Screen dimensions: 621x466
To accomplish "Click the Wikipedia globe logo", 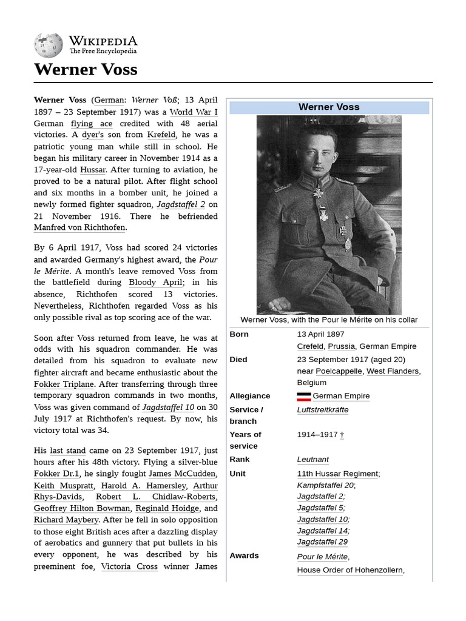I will click(x=48, y=44).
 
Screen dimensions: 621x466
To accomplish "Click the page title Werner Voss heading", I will click(x=86, y=69).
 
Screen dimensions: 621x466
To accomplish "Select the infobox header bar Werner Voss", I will click(x=329, y=107).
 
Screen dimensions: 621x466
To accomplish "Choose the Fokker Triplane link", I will click(x=64, y=384).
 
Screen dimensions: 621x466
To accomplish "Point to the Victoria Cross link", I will click(x=129, y=566).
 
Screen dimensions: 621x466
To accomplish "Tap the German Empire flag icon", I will click(x=303, y=397).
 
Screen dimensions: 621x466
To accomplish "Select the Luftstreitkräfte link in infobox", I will click(x=322, y=410).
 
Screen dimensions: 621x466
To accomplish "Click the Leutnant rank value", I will click(x=312, y=460).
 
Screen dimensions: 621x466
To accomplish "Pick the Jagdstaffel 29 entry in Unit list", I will click(x=322, y=542).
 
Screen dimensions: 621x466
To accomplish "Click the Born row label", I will click(x=239, y=334).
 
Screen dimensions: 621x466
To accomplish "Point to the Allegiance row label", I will click(x=250, y=396).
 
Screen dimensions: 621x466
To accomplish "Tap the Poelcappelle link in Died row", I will click(x=339, y=371).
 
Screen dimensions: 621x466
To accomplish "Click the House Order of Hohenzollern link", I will click(x=349, y=570).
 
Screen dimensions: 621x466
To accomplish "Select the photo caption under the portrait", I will click(x=329, y=320).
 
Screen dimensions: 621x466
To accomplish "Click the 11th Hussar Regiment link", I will click(x=337, y=474).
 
